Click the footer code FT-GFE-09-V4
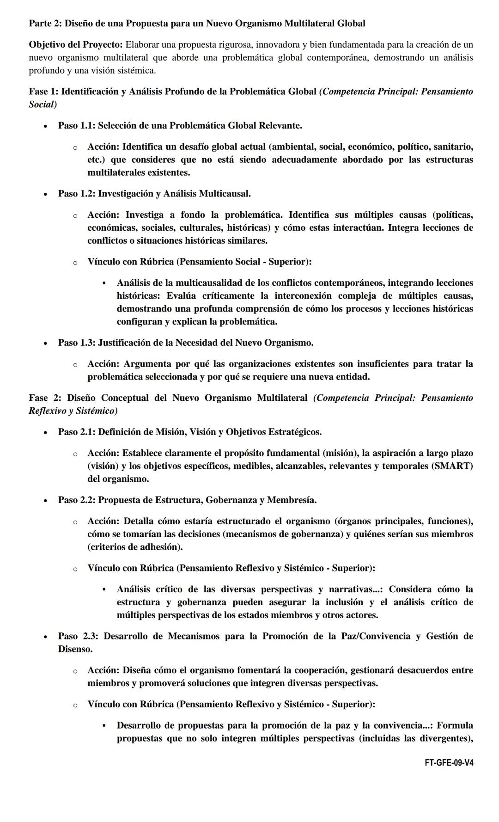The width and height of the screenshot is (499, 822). coord(449,763)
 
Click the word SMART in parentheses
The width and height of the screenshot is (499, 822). coord(452,466)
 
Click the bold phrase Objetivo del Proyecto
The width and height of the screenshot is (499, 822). coord(76,45)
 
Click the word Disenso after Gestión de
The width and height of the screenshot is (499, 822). coord(75,649)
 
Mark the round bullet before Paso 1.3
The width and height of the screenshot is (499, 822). coord(45,344)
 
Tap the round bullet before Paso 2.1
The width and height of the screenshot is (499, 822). coord(45,433)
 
